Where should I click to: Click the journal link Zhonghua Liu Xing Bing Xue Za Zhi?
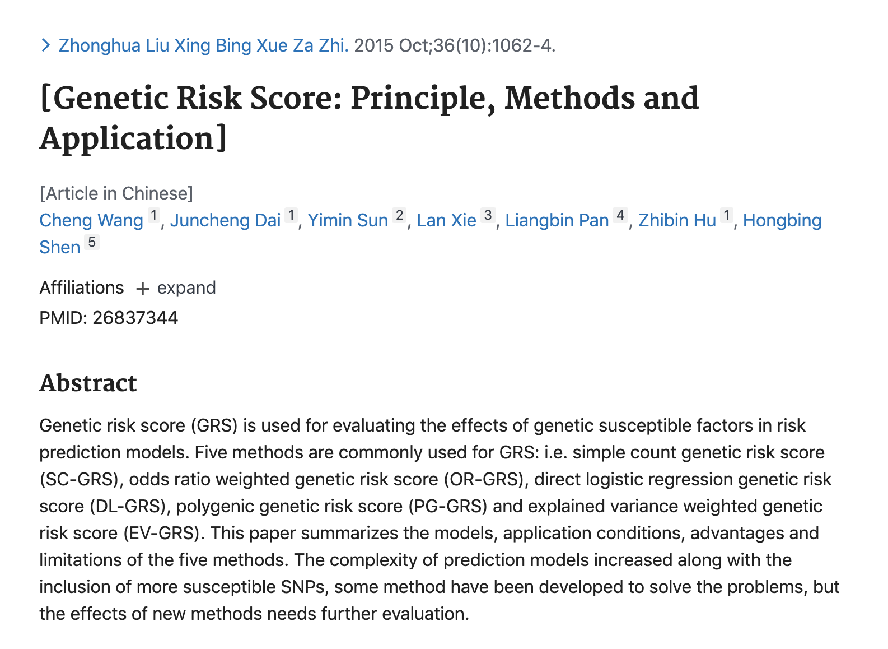[203, 45]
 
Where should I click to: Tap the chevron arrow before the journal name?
[46, 45]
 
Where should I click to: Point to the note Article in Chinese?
[116, 193]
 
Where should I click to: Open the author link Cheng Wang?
[91, 220]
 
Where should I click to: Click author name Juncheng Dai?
[225, 220]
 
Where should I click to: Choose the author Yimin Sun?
[348, 220]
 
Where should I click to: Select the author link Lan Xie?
[446, 220]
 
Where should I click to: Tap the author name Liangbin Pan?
[557, 220]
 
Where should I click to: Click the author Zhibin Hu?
[677, 220]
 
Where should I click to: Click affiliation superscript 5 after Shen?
[92, 243]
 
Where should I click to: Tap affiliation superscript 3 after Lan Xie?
[488, 216]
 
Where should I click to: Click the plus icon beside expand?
[143, 289]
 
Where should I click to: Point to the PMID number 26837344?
[135, 318]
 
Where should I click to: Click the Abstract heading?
[88, 383]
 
